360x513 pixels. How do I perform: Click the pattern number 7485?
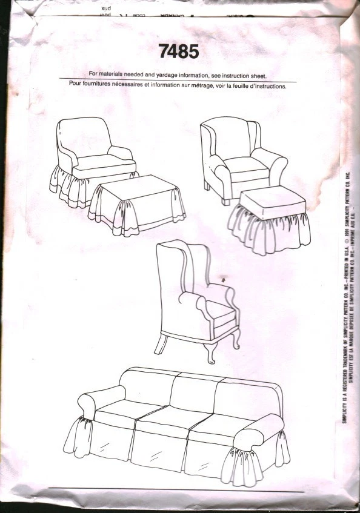tap(179, 53)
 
